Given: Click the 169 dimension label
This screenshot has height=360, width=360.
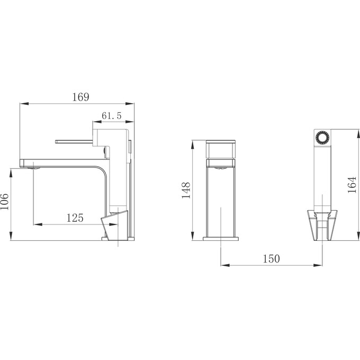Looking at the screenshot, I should (x=80, y=97).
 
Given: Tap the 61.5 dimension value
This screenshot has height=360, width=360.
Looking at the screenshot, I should (x=111, y=115).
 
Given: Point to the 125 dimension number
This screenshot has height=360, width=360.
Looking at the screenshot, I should (x=75, y=217).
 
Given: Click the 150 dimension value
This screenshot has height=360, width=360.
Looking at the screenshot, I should (x=271, y=258).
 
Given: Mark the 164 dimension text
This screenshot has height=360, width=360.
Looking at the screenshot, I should (x=352, y=185).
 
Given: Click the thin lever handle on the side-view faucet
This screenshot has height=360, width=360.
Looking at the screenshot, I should (x=75, y=141).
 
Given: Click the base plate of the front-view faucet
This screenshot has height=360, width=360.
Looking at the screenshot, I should (x=220, y=239).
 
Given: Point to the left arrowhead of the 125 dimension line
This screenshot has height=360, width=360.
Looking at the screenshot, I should (x=37, y=224).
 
